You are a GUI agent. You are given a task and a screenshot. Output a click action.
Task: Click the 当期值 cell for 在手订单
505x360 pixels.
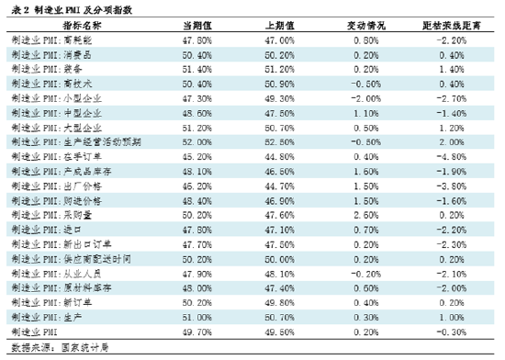tap(199, 157)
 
